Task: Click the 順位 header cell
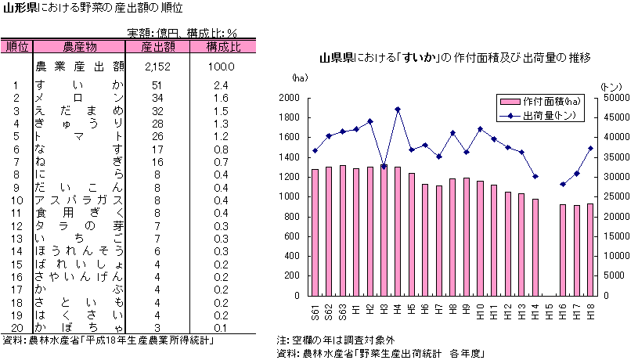(16, 46)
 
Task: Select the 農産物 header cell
(80, 46)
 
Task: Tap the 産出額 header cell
(157, 46)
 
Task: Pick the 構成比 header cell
(223, 46)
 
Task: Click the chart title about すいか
(454, 58)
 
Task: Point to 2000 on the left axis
(288, 98)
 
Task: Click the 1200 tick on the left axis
(288, 177)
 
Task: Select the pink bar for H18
(590, 250)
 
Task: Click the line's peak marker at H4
(398, 110)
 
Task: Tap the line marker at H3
(384, 167)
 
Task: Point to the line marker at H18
(590, 148)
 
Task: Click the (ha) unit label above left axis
(299, 78)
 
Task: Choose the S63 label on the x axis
(343, 312)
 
